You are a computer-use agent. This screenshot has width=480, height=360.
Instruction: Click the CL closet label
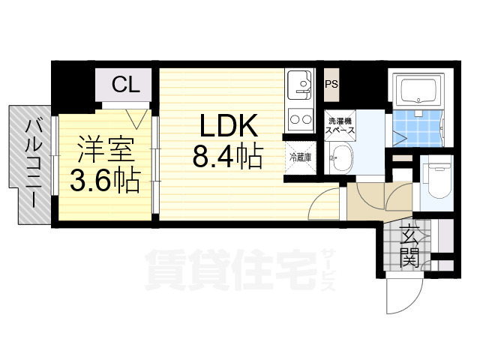125,85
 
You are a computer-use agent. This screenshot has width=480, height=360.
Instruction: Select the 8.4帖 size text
226,157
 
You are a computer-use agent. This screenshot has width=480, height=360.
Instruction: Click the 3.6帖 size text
106,181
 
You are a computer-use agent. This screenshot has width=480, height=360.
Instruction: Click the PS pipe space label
331,84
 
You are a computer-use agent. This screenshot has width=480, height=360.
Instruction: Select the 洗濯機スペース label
338,125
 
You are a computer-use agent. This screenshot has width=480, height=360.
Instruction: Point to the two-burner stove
300,118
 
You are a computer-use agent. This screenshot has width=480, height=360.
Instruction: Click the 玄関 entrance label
409,245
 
